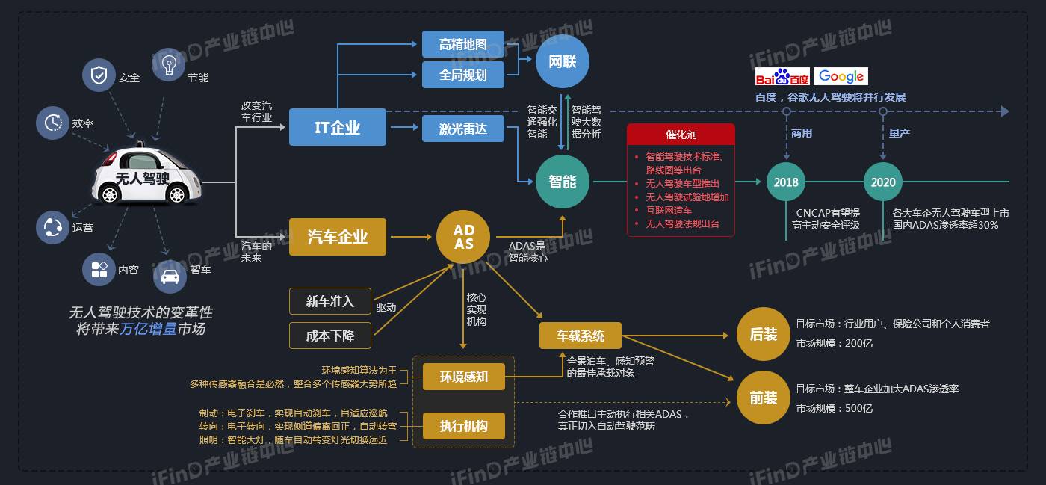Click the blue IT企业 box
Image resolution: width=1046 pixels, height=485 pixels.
338,127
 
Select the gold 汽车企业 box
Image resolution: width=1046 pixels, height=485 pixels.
338,237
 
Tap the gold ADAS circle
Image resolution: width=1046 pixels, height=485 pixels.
463,236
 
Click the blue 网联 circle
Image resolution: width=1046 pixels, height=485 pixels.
563,61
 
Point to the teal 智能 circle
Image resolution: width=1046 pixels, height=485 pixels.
563,182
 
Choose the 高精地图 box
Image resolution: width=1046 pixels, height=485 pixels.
462,44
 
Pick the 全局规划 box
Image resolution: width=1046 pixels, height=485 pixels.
462,75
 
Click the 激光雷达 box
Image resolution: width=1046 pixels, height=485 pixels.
462,129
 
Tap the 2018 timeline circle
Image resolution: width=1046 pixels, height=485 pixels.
786,182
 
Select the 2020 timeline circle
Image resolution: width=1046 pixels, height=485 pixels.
883,182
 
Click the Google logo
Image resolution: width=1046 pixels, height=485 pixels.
841,76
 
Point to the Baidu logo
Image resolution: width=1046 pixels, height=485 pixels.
782,77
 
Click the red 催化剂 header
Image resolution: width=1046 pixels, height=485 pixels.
681,135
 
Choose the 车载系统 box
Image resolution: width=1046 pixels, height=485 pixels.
581,336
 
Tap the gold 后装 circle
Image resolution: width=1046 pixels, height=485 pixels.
764,334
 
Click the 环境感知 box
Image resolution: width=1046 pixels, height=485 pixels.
464,377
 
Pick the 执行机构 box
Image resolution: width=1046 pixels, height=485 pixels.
464,426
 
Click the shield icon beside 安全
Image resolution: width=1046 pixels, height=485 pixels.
99,75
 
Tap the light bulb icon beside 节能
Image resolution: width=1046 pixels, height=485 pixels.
168,65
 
